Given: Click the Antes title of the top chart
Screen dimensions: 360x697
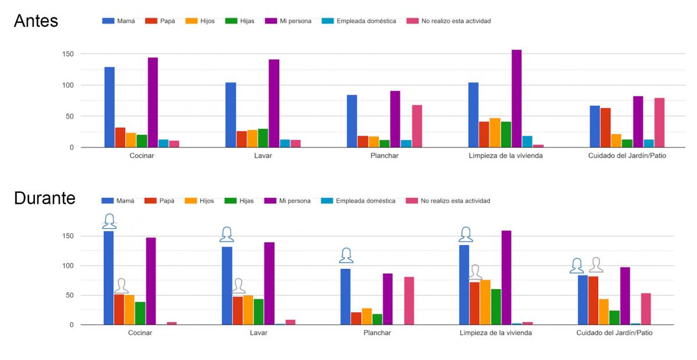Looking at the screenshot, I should [x=35, y=21].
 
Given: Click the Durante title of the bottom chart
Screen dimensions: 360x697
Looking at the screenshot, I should [x=45, y=199].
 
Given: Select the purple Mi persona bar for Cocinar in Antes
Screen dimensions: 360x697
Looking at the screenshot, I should [x=153, y=102].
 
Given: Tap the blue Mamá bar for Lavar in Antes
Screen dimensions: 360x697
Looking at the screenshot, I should [x=231, y=115].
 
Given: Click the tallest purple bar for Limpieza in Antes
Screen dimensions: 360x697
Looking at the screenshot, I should [x=516, y=99].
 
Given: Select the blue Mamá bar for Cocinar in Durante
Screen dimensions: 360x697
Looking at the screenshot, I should [x=109, y=278].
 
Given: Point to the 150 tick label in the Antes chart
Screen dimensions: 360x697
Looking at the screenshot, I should [x=69, y=54].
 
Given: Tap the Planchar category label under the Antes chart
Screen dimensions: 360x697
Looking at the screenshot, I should [x=384, y=156].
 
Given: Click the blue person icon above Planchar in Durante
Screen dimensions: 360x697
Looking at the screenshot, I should [x=346, y=255].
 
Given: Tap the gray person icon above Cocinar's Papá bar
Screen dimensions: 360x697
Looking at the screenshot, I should [x=121, y=286].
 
